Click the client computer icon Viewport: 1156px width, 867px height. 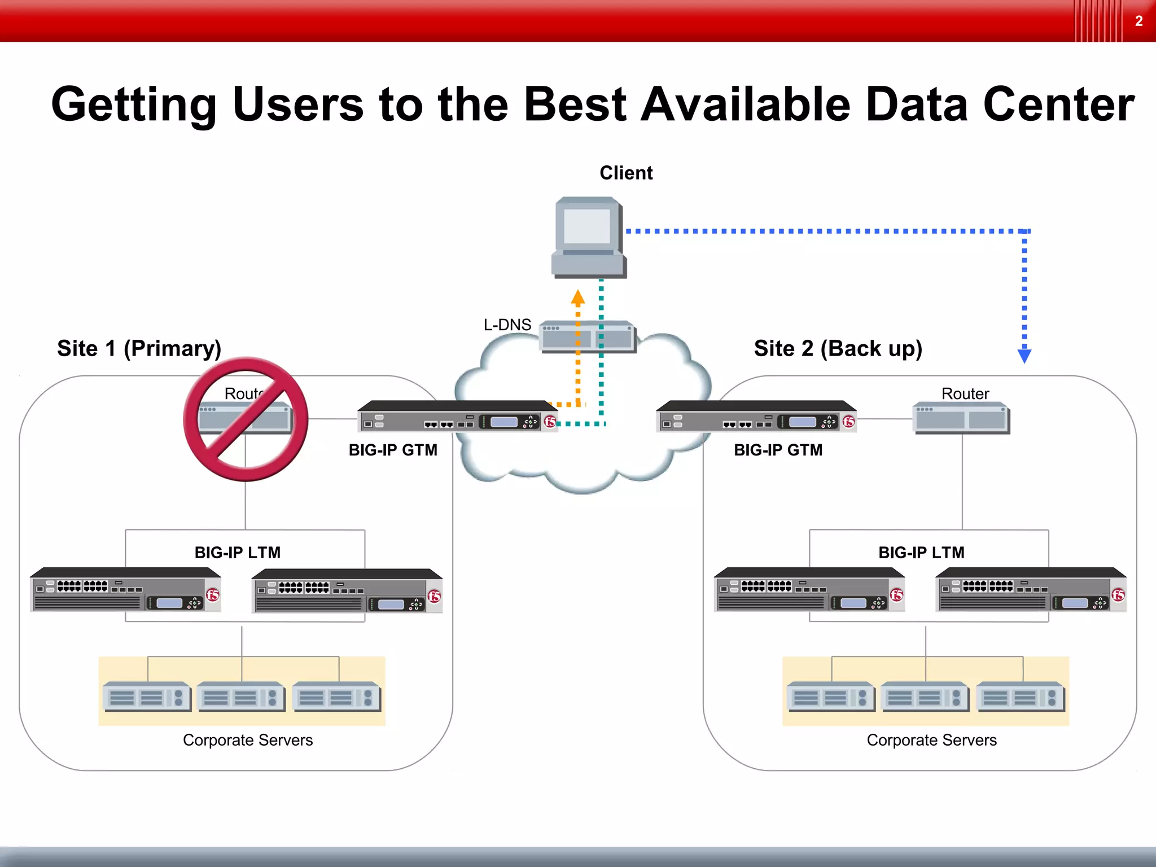pos(588,237)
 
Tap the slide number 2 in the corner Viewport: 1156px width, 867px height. pos(1139,21)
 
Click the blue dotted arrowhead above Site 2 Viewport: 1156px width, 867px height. pos(1024,356)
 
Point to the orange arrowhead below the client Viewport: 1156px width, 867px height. pos(577,297)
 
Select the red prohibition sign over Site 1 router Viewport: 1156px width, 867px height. pos(246,419)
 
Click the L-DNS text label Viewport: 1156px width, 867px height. pos(507,325)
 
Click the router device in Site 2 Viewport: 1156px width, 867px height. pos(961,418)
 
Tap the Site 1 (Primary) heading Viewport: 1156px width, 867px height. pos(139,348)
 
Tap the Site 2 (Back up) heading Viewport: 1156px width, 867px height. pos(838,348)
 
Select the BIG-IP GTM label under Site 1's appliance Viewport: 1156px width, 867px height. pos(393,450)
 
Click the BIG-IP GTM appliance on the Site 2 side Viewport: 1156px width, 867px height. pos(756,417)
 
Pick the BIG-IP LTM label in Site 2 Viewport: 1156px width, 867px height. pos(921,552)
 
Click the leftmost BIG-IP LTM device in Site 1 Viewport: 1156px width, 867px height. pos(125,590)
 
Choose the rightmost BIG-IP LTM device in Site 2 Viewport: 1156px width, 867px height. pos(1031,590)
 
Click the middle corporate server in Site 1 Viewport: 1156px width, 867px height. pos(241,697)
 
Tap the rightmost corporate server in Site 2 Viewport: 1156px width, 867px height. pos(1020,697)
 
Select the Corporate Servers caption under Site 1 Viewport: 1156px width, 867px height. pos(248,740)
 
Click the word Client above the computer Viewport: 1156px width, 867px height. pos(625,173)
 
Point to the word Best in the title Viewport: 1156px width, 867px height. pos(575,104)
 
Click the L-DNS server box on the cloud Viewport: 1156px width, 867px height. pos(587,337)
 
